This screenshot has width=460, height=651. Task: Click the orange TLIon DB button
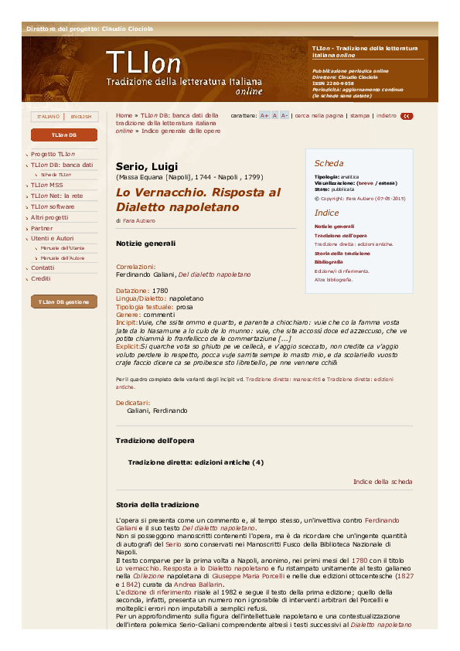click(x=64, y=135)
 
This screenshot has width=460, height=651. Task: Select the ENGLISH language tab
click(x=80, y=117)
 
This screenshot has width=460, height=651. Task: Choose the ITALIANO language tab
click(x=48, y=117)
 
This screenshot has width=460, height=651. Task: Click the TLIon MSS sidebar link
click(x=46, y=186)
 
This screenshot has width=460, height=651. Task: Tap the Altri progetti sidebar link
click(x=49, y=217)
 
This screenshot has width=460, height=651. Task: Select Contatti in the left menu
click(x=43, y=268)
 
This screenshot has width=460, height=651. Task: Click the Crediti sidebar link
click(x=40, y=278)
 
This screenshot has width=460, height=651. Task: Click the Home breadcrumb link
click(x=124, y=114)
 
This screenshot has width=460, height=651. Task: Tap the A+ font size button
click(x=264, y=115)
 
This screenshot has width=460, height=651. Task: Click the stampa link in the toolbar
click(x=359, y=115)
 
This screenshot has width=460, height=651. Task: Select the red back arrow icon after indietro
click(x=407, y=116)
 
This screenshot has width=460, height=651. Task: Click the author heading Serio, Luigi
click(x=147, y=165)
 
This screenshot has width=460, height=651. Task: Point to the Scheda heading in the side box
click(x=329, y=163)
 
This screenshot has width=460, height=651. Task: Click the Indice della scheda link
click(x=383, y=482)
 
